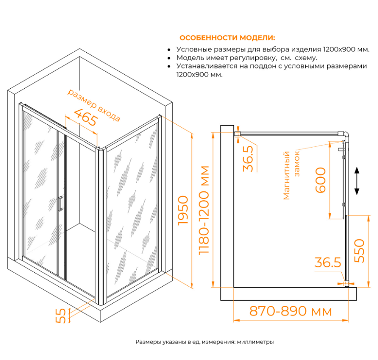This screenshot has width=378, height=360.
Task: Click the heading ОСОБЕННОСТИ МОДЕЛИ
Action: (227, 38)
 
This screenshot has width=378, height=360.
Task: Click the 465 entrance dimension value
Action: (86, 117)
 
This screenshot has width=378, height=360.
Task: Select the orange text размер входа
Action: (94, 105)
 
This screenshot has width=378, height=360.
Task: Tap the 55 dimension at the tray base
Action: (61, 315)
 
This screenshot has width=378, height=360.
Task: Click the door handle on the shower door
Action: (60, 204)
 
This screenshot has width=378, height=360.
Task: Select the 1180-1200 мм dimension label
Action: (204, 210)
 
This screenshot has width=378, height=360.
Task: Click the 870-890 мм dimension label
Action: (290, 311)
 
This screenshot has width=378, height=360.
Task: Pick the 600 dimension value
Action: (320, 180)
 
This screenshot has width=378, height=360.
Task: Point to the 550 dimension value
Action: (359, 251)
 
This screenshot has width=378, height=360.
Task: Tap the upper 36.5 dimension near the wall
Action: (248, 158)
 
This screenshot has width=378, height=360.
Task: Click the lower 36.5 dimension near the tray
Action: (328, 262)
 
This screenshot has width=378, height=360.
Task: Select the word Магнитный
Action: (286, 175)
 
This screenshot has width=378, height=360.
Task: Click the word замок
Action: (297, 163)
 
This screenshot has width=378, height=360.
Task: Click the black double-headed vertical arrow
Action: (357, 181)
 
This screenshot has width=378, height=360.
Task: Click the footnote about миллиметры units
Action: (205, 342)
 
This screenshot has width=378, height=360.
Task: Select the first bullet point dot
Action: (169, 49)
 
